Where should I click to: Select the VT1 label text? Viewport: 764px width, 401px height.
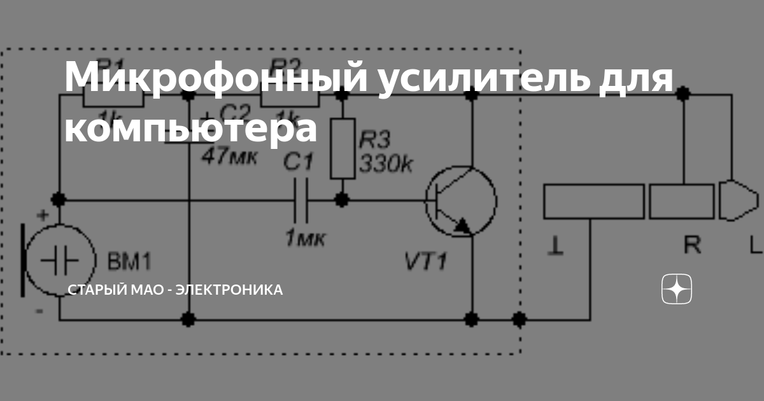point(425,262)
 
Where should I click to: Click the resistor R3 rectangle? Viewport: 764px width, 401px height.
point(343,148)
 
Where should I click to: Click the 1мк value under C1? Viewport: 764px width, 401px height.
point(304,239)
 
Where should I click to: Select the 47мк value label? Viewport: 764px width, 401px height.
point(230,157)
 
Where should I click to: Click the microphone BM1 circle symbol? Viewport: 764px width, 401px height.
point(60,261)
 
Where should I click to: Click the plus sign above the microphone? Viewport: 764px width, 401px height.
point(43,216)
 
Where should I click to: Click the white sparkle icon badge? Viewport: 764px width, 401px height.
point(677,290)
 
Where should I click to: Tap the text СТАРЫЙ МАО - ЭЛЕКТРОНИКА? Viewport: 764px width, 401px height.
point(175,290)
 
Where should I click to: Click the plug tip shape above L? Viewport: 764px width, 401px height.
point(737,201)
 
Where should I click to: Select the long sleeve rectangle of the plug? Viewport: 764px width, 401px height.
point(594,201)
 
